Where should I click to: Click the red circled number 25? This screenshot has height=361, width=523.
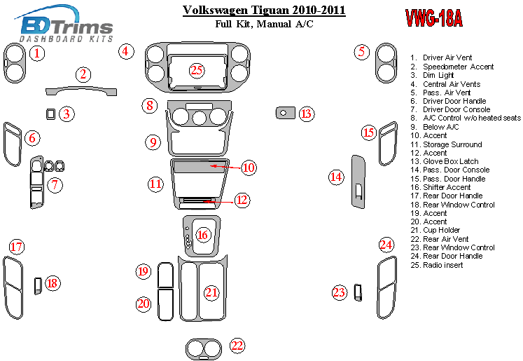(x=197, y=69)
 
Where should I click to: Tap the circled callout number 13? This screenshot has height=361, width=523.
(x=306, y=114)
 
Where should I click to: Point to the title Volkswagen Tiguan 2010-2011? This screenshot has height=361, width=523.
(x=264, y=11)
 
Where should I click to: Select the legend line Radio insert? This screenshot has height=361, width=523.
(x=442, y=265)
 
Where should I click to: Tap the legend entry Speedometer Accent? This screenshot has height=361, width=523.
(x=458, y=67)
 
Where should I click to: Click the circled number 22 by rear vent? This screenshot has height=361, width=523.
(x=237, y=345)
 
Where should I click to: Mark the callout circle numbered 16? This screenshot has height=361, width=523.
(x=203, y=235)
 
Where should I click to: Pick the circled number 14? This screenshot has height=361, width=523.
(x=337, y=177)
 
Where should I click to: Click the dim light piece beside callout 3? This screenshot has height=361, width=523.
(x=50, y=114)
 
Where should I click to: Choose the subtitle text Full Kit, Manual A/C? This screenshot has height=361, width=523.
(x=263, y=25)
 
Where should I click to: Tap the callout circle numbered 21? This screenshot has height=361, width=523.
(x=211, y=292)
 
